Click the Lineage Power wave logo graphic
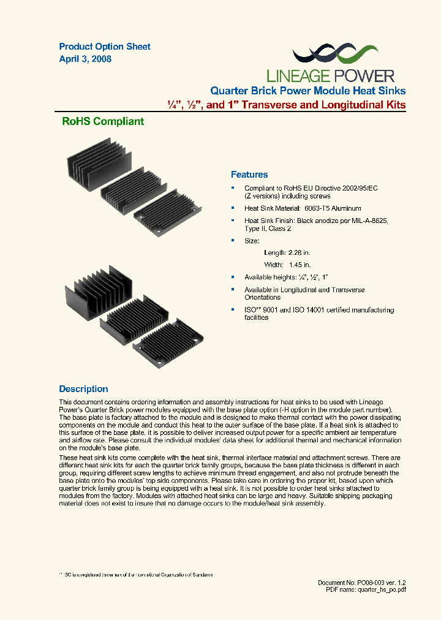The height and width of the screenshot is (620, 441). pyautogui.click(x=331, y=55)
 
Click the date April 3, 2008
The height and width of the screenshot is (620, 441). pyautogui.click(x=85, y=59)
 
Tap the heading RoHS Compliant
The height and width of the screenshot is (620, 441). pyautogui.click(x=103, y=121)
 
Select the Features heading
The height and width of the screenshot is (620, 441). pyautogui.click(x=249, y=175)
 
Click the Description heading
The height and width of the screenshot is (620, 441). pyautogui.click(x=83, y=389)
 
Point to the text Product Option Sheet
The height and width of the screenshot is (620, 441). pyautogui.click(x=105, y=47)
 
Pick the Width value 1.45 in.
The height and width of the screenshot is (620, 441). pyautogui.click(x=300, y=265)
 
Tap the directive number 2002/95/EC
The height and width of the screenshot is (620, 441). pyautogui.click(x=356, y=188)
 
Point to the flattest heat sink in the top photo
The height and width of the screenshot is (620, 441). pyautogui.click(x=167, y=212)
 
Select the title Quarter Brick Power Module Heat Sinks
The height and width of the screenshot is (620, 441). pyautogui.click(x=308, y=91)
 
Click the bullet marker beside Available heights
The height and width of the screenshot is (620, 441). pyautogui.click(x=233, y=277)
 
